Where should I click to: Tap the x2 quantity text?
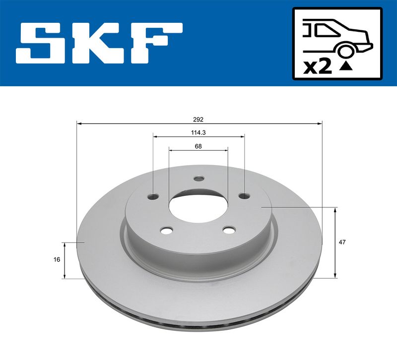[317, 67]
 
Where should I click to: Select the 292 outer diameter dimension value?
[198, 119]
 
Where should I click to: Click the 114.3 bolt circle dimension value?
[198, 132]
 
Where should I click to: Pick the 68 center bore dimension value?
[198, 146]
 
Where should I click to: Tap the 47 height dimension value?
[341, 242]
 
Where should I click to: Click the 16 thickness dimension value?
[58, 260]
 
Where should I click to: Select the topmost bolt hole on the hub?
[199, 179]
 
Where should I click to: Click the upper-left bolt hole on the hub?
[153, 196]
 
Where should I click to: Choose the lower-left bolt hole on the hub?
[167, 230]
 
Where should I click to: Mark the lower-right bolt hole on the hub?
[229, 230]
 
